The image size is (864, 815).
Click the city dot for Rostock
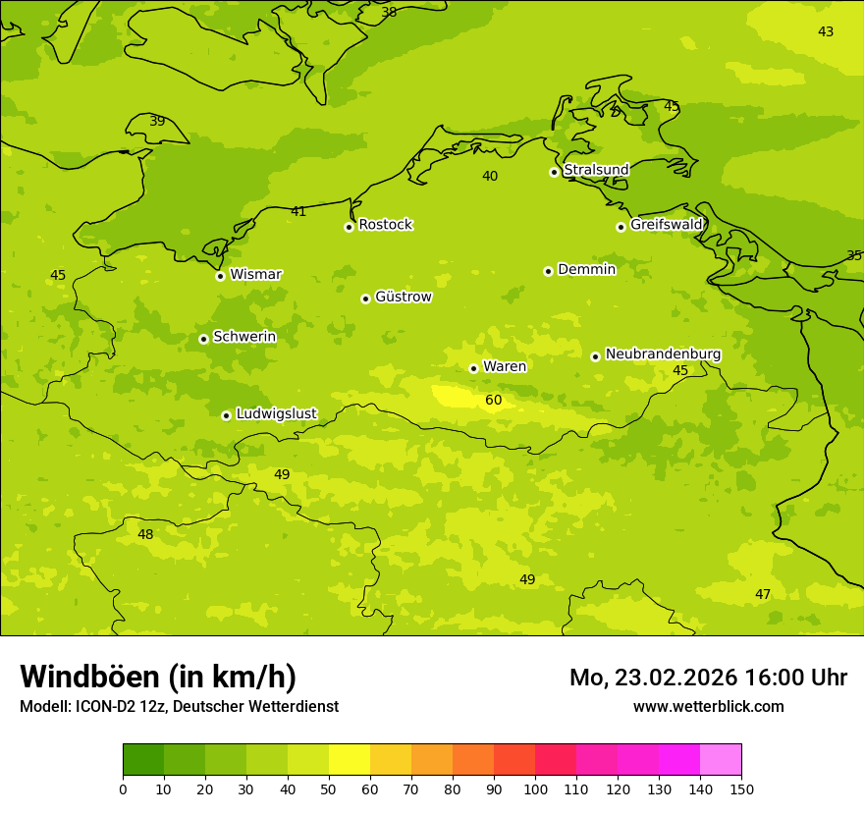coord(349,227)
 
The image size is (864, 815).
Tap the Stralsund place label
coord(596,170)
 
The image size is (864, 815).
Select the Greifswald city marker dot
coord(621,227)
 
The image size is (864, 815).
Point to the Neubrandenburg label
coord(663,354)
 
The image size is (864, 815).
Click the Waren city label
coord(505,366)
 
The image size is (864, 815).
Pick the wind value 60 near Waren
coord(494,400)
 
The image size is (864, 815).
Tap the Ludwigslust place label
coord(276,413)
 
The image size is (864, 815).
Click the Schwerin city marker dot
coord(203,339)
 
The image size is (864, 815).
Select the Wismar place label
coord(255,274)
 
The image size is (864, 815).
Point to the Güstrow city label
coord(403,297)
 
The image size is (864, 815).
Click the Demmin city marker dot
coord(548,271)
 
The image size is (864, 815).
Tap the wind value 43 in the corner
coord(826,31)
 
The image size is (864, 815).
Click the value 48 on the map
coord(145,534)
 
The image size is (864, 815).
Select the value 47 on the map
coord(763,594)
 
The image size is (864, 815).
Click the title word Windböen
coord(88,677)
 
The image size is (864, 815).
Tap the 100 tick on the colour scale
coord(535,788)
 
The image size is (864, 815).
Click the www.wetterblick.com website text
coord(708,706)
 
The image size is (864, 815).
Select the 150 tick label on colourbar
coord(741,788)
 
